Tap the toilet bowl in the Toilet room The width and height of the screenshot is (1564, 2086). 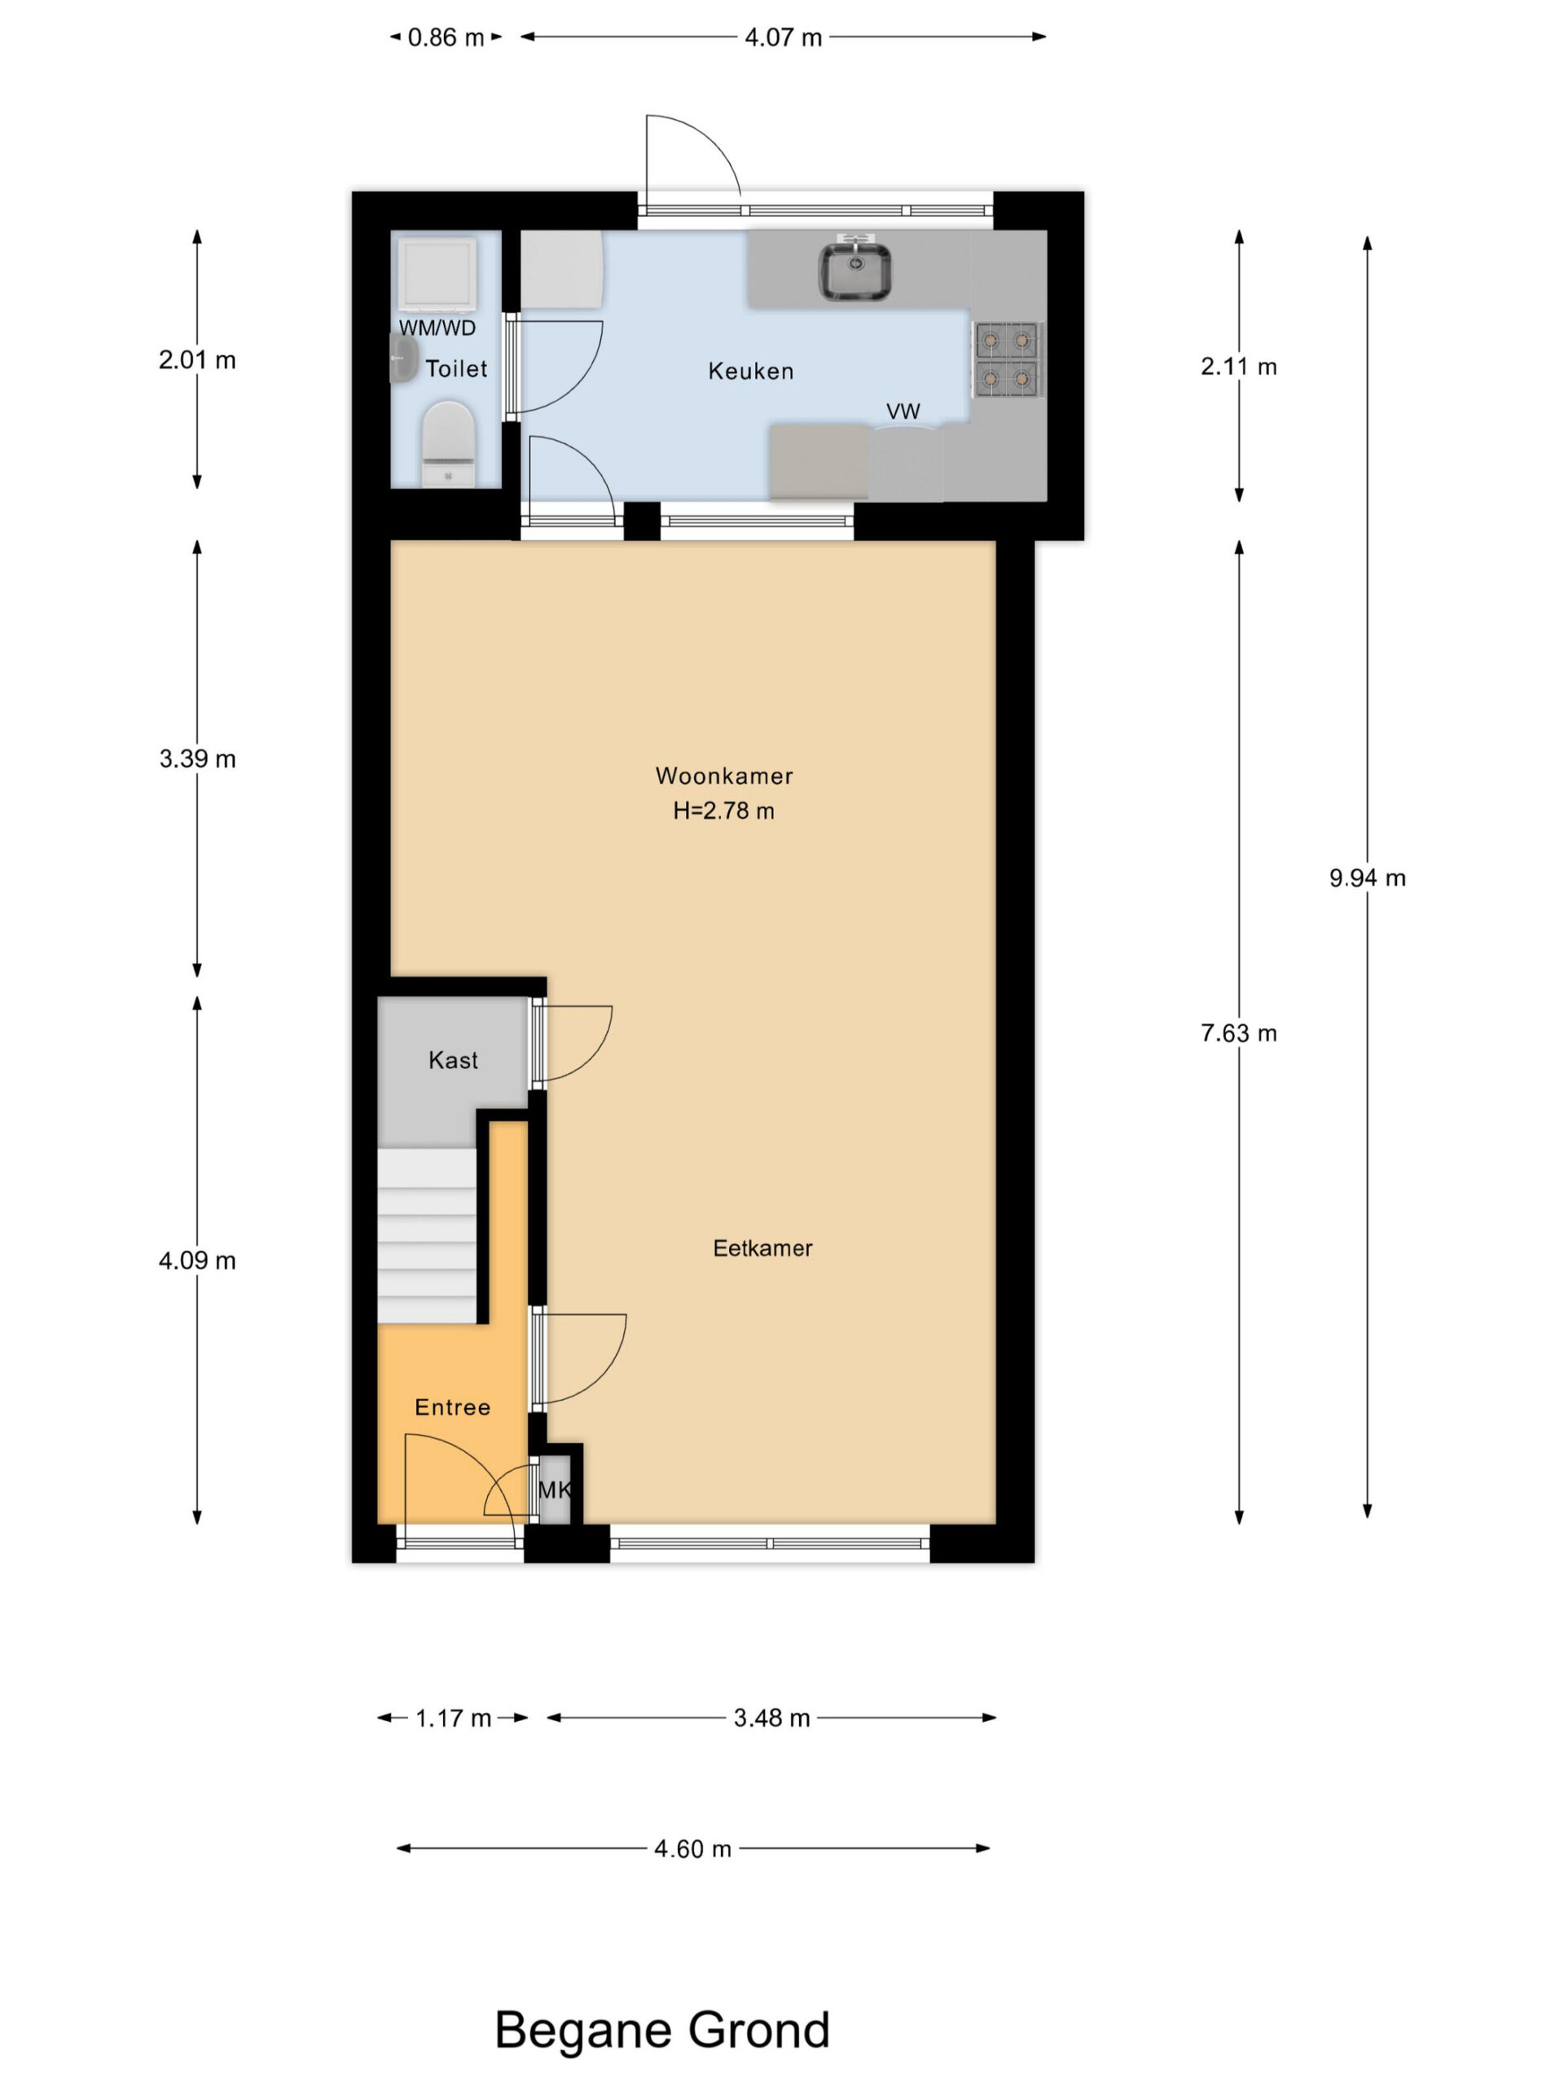448,443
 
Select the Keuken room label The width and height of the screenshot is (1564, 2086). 750,372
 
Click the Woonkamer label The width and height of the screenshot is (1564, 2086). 724,776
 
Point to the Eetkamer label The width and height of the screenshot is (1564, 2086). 762,1248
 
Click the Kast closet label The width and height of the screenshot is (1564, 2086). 454,1060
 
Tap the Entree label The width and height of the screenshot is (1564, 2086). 453,1407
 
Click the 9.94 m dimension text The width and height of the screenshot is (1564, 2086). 1367,878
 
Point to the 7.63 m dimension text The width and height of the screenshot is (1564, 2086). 1239,1032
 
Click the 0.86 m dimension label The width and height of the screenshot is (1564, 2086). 446,37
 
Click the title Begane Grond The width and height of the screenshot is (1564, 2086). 661,2030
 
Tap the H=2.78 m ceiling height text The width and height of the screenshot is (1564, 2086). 724,811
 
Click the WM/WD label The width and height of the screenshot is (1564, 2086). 437,328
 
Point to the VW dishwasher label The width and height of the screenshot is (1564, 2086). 903,411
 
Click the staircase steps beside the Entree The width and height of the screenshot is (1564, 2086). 427,1235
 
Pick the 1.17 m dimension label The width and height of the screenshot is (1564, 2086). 454,1719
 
